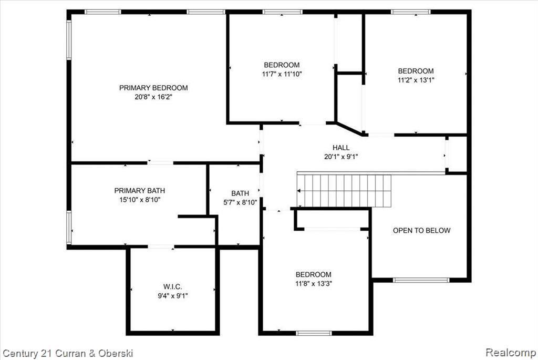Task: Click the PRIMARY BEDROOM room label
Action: (x=153, y=88)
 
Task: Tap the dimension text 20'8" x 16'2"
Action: (x=153, y=97)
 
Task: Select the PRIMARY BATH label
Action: (x=140, y=190)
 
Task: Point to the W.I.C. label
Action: (x=172, y=286)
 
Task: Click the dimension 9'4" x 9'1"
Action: (x=172, y=296)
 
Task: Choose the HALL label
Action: (x=341, y=148)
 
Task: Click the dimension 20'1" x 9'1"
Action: (x=341, y=157)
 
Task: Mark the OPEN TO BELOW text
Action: (x=422, y=231)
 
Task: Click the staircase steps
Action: (x=344, y=191)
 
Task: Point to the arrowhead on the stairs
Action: (x=299, y=191)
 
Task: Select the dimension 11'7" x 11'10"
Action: (x=282, y=74)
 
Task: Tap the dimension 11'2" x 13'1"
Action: (x=416, y=80)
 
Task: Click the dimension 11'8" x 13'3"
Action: (x=314, y=284)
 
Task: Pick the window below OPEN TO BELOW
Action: (x=421, y=280)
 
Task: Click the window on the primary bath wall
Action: (x=69, y=228)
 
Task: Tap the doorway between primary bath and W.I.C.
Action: (x=161, y=246)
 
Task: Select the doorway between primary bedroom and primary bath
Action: (x=161, y=163)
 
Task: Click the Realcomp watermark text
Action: (x=511, y=353)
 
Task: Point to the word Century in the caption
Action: (x=20, y=354)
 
